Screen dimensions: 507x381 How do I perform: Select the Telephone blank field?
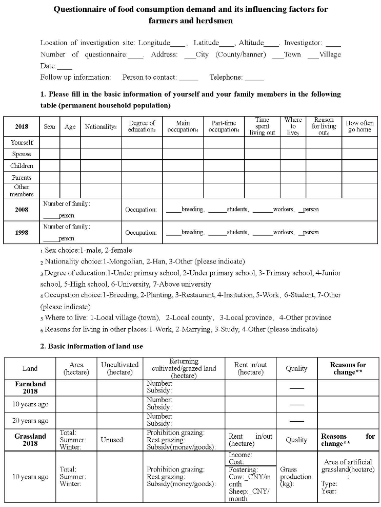pyautogui.click(x=254, y=78)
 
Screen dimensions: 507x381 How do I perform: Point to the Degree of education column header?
pyautogui.click(x=142, y=126)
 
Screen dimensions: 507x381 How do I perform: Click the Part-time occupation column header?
pyautogui.click(x=224, y=126)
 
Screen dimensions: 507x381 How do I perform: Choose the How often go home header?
pyautogui.click(x=359, y=126)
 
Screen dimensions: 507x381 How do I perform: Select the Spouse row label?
pyautogui.click(x=22, y=154)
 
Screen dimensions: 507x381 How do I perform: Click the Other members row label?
pyautogui.click(x=22, y=190)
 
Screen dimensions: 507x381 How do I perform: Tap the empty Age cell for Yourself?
pyautogui.click(x=70, y=142)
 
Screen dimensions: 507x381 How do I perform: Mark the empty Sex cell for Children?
pyautogui.click(x=50, y=166)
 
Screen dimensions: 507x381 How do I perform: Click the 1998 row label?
pyautogui.click(x=22, y=232)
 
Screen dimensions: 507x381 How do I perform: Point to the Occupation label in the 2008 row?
pyautogui.click(x=141, y=210)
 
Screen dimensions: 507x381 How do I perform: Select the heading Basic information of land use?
pyautogui.click(x=95, y=346)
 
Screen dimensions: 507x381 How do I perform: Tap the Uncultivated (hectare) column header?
pyautogui.click(x=119, y=368)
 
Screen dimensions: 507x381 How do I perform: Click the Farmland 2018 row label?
pyautogui.click(x=30, y=387)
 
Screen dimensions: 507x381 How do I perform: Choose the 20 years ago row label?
pyautogui.click(x=30, y=421)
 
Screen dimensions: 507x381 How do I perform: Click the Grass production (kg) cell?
pyautogui.click(x=296, y=477)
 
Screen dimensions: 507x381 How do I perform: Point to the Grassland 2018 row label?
pyautogui.click(x=30, y=440)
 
